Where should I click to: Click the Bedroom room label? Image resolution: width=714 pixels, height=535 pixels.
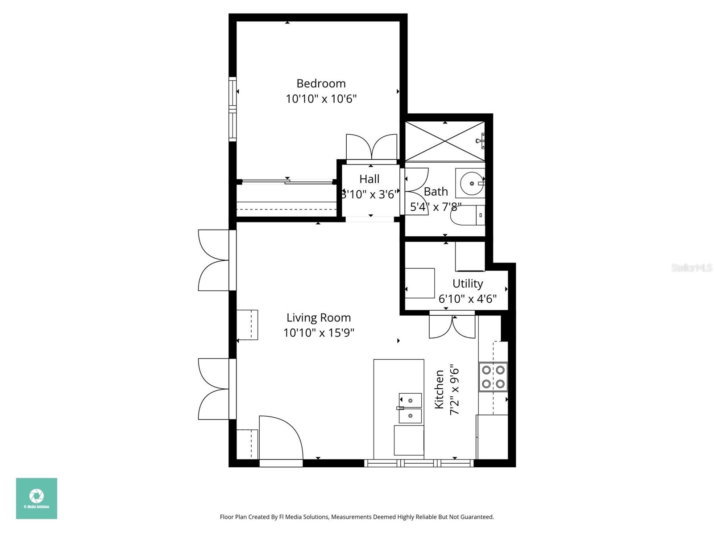[x=321, y=83]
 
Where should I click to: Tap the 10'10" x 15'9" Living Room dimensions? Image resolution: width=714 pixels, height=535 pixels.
[x=319, y=333]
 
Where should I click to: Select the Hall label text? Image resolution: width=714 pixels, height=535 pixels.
[x=369, y=179]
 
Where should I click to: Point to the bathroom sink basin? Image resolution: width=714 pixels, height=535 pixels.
[x=471, y=183]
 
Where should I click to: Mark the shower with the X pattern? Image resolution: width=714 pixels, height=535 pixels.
[x=445, y=141]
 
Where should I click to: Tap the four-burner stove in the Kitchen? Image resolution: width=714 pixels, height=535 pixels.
[x=493, y=377]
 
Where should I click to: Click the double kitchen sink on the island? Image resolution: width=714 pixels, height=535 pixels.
[x=410, y=407]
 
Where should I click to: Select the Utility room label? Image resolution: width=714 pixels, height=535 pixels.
[x=468, y=284]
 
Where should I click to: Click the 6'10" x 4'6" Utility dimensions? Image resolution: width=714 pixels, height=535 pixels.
[x=467, y=299]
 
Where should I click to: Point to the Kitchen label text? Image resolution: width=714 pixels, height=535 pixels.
[x=440, y=389]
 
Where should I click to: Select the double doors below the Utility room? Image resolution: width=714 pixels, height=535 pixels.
[x=452, y=326]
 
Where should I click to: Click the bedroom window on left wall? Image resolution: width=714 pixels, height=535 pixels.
[x=232, y=109]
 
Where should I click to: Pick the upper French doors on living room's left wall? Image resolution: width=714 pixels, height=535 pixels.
[x=214, y=260]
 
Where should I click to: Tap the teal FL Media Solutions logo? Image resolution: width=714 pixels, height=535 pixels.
[x=37, y=498]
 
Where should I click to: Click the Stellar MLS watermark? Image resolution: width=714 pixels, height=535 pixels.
[x=691, y=267]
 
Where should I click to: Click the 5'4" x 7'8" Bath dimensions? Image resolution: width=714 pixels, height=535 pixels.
[x=436, y=207]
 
